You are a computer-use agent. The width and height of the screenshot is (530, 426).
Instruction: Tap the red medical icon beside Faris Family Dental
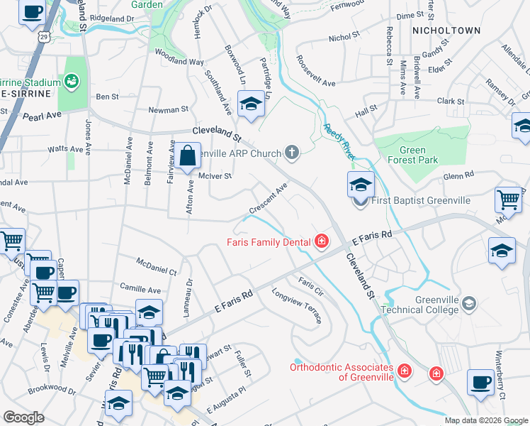[x=322, y=242]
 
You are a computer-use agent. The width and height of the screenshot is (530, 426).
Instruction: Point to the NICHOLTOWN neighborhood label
[x=446, y=31]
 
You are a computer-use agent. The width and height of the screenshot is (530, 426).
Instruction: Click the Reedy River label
[x=339, y=137]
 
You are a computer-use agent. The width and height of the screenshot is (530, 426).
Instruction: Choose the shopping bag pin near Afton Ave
[x=188, y=156]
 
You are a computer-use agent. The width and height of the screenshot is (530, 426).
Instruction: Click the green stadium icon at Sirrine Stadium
[x=72, y=82]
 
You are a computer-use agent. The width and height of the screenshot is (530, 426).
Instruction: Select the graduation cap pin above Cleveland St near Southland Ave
[x=249, y=105]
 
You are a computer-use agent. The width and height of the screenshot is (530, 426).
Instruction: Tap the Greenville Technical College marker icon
[x=468, y=304]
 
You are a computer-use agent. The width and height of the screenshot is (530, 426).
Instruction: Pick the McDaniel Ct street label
[x=157, y=268]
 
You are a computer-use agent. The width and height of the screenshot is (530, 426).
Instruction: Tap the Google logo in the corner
[x=24, y=417]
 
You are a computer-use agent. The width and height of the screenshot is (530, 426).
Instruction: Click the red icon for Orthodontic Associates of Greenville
[x=404, y=371]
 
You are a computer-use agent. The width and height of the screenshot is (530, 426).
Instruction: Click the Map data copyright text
[x=486, y=420]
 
